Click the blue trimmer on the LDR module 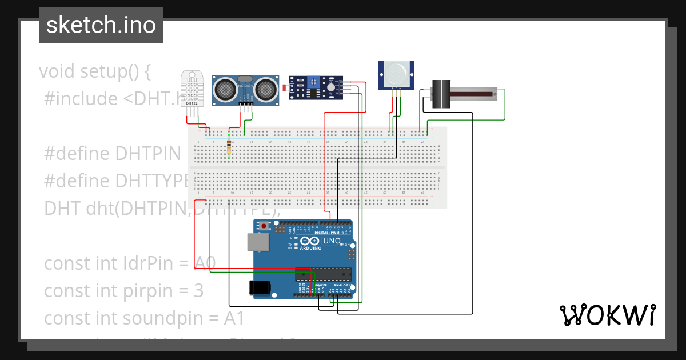(x=313, y=83)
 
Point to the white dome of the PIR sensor (x=396, y=74)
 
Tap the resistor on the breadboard (x=229, y=147)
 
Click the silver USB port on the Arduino (x=257, y=242)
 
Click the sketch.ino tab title (x=101, y=25)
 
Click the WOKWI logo (x=607, y=315)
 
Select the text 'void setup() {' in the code (x=95, y=71)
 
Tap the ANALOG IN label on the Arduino (x=341, y=285)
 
